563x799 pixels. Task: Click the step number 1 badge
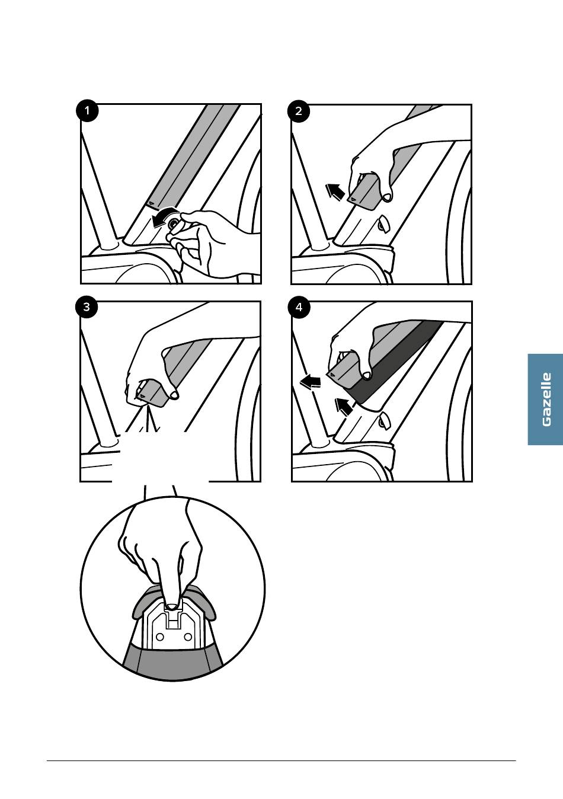tap(87, 111)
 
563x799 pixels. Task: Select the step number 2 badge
tap(299, 111)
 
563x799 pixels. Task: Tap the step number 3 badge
tap(87, 307)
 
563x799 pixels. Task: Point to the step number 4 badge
tap(299, 307)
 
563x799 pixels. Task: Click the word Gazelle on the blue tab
tap(546, 399)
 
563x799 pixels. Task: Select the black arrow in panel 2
tap(335, 191)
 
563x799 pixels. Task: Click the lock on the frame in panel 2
tap(384, 223)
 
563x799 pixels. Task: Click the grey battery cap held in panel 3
tap(153, 393)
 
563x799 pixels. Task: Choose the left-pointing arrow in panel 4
tap(310, 382)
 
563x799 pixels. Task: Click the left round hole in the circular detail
tap(160, 637)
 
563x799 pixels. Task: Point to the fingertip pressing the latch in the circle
tap(172, 606)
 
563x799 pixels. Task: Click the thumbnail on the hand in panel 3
tap(174, 395)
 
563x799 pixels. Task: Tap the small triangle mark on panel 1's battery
tap(152, 203)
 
